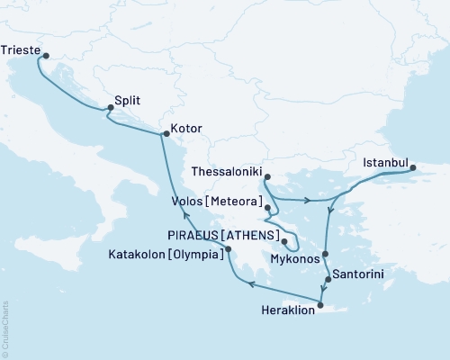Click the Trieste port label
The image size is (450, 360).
click(20, 50)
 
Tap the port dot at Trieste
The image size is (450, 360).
click(44, 57)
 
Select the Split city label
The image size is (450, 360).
click(130, 102)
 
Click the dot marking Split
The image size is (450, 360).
click(111, 108)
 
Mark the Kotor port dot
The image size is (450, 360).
click(164, 135)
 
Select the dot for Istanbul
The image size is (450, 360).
click(413, 167)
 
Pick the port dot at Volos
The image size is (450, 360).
click(266, 208)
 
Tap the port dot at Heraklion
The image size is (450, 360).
click(320, 303)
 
